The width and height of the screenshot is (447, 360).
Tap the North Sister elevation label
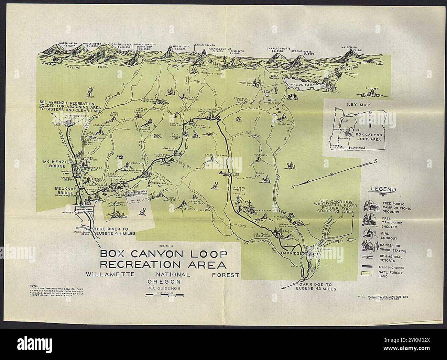[x=67, y=44]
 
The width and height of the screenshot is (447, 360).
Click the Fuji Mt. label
[x=372, y=88]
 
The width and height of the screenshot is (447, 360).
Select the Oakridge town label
[x=292, y=253]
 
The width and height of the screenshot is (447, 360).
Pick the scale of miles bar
[x=164, y=295]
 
